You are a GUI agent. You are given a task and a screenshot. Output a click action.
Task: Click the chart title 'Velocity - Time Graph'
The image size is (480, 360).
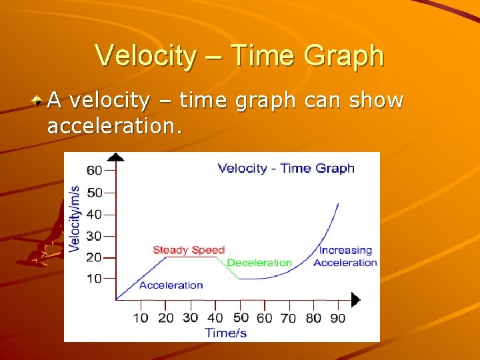tap(286, 168)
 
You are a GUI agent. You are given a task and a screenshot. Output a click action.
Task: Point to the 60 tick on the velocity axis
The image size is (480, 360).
tap(94, 170)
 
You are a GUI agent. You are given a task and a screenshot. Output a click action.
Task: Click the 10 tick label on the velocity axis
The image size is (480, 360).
tap(94, 279)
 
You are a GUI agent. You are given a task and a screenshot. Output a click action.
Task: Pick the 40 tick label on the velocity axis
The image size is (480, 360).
tap(94, 215)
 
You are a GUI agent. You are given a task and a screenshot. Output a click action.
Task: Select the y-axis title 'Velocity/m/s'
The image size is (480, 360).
tap(75, 218)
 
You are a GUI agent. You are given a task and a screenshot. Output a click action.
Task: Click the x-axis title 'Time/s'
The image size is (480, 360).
tap(225, 333)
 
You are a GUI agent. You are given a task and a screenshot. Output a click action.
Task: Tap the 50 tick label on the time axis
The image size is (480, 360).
tap(240, 317)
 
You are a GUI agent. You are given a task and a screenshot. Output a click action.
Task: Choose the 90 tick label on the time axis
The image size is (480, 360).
tap(338, 318)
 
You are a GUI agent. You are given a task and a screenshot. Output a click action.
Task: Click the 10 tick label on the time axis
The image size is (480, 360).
tap(141, 317)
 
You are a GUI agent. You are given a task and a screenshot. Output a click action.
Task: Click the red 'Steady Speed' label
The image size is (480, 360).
tap(189, 250)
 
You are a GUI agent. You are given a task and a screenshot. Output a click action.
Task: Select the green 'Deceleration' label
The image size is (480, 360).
tap(259, 263)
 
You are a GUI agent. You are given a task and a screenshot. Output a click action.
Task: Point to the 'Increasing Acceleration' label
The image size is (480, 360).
tap(345, 257)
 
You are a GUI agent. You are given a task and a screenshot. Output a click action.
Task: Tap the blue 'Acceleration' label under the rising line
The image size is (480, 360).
tap(171, 285)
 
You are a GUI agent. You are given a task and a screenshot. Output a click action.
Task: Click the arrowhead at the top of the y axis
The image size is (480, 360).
tap(116, 157)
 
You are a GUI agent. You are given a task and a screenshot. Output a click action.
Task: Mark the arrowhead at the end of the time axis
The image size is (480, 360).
tap(355, 300)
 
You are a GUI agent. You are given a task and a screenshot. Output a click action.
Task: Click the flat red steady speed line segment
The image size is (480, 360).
tap(193, 258)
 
